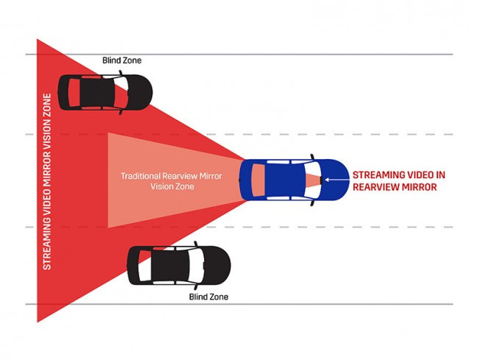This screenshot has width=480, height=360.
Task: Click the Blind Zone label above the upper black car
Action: point(121,60)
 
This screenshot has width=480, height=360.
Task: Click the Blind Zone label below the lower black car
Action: point(208,297)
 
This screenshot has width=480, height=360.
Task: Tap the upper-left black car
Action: point(105,93)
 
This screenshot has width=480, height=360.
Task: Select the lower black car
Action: point(179,266)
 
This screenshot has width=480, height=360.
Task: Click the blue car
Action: point(294,180)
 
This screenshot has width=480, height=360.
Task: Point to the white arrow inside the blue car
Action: point(336,180)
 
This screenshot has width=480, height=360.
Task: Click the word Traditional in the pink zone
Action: point(141,176)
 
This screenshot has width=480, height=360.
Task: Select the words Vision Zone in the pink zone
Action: point(172,186)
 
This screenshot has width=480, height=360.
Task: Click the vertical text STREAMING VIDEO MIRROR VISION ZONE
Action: point(47,182)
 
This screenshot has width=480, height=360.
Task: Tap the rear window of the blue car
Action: point(258,180)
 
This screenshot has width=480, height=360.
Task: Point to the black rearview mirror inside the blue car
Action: point(321,180)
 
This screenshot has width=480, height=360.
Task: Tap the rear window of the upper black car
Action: point(74,93)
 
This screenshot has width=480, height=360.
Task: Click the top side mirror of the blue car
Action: point(312,156)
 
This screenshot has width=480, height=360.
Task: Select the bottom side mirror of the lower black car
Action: point(196,287)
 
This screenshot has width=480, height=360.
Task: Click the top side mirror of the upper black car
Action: point(121,73)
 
